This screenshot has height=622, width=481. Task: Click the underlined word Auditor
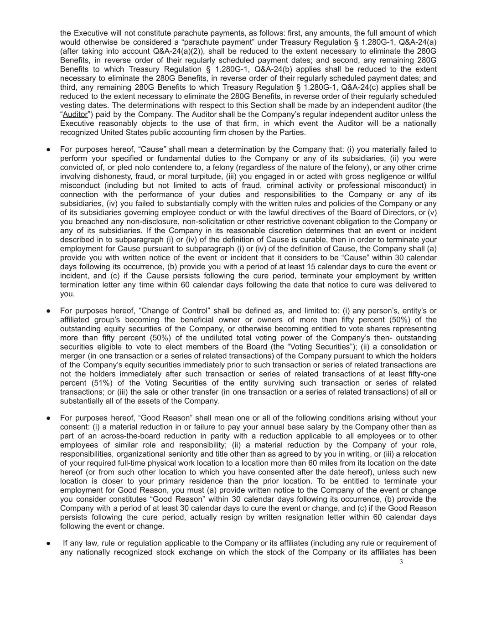[x=75, y=114]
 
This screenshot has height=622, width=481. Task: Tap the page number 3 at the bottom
[x=401, y=562]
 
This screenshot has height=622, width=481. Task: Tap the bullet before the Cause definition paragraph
[x=48, y=149]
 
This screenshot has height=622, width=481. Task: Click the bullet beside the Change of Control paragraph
[x=48, y=311]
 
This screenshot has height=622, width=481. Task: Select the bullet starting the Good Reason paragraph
[x=48, y=418]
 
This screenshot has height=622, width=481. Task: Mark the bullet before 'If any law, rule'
[x=48, y=543]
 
